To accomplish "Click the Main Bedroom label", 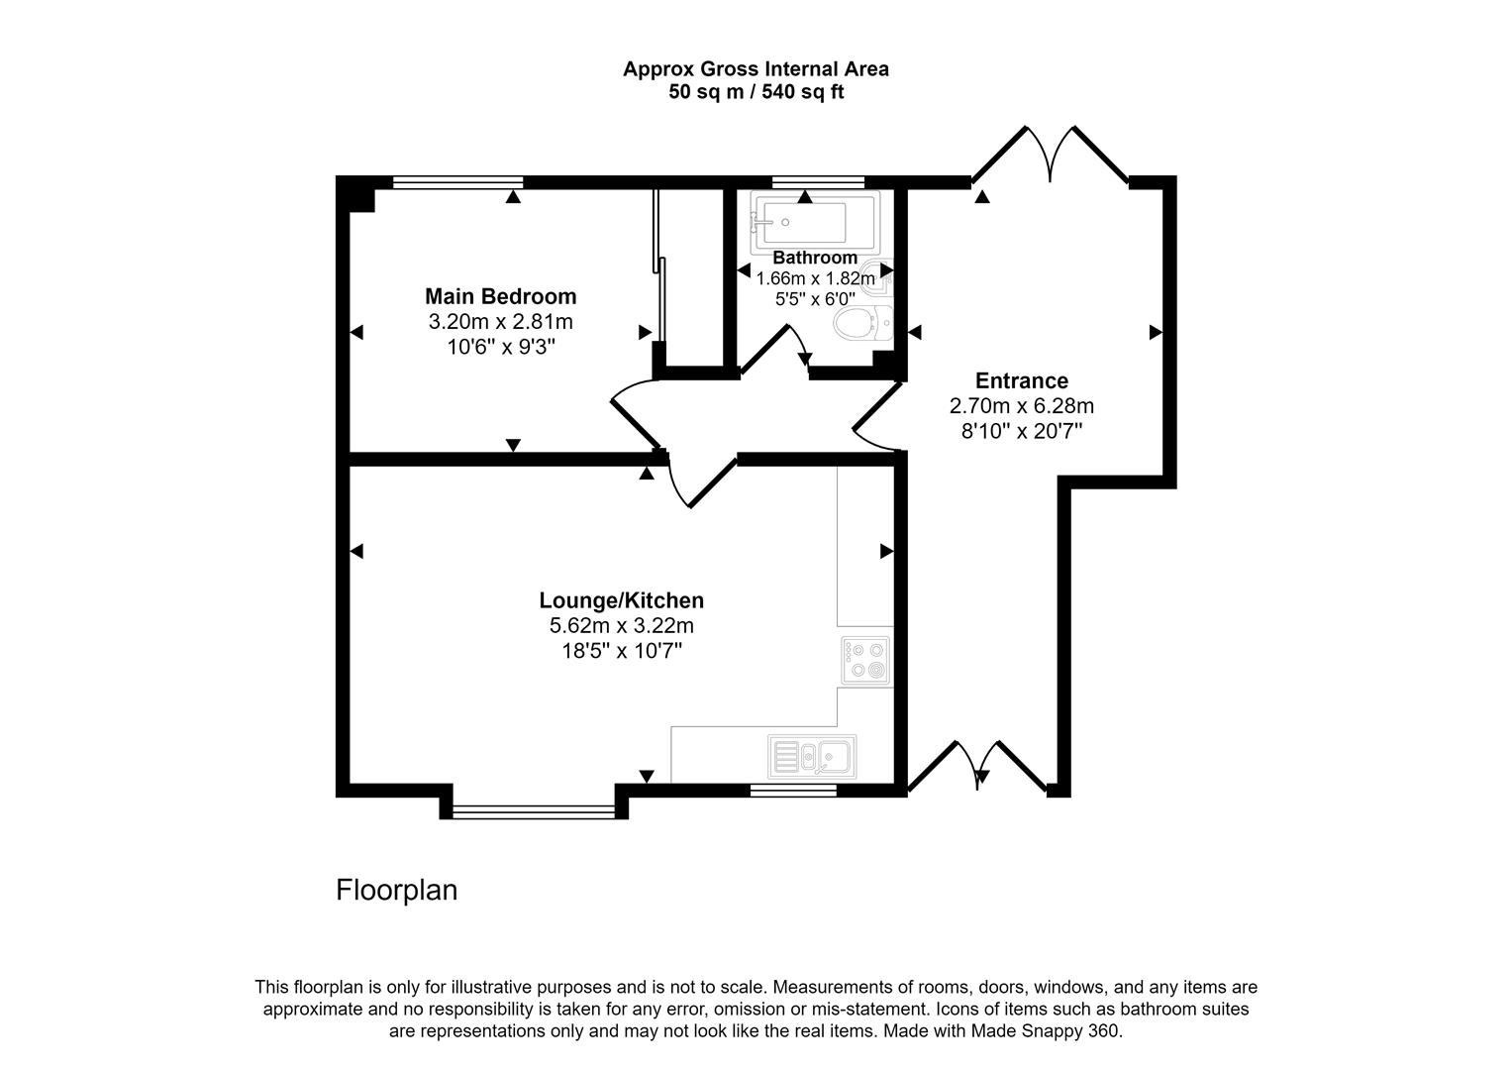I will click(x=500, y=296).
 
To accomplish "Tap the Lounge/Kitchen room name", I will click(x=621, y=600).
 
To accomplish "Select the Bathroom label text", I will click(x=815, y=258).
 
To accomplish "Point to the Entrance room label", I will click(x=1021, y=380).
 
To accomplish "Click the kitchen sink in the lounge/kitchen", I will click(x=812, y=757).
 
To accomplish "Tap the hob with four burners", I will click(x=865, y=660).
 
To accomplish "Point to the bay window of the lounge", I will click(x=535, y=811).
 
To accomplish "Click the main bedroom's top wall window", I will click(x=457, y=182).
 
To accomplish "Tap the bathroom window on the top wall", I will click(x=818, y=182).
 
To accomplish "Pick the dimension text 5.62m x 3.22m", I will click(x=621, y=626).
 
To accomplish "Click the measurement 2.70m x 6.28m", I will click(x=1021, y=406).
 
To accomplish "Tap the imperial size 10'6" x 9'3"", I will click(x=500, y=347).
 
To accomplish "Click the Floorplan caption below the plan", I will click(x=397, y=890).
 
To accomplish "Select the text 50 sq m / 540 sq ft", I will click(x=756, y=93).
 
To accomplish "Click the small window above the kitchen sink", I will click(x=792, y=790).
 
